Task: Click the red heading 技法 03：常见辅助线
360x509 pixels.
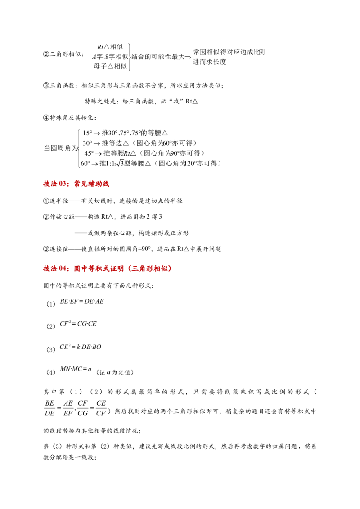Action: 76,184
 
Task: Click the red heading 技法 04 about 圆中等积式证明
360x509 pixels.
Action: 108,268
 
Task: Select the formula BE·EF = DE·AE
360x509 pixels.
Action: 82,301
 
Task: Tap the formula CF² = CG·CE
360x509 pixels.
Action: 78,324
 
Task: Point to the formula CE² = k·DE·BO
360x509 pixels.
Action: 81,347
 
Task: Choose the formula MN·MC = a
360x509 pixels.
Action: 76,369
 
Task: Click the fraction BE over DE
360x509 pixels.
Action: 49,408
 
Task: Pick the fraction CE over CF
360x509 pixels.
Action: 101,408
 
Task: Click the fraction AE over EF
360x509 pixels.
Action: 68,408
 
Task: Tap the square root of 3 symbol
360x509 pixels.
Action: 120,163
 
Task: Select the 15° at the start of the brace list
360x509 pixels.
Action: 87,133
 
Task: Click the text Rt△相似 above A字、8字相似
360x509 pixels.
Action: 110,47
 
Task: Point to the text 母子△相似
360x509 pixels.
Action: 110,66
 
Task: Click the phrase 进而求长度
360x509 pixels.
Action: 209,62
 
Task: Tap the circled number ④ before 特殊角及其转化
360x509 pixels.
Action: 46,117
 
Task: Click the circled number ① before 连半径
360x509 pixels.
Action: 46,201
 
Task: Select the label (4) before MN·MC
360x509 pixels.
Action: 51,372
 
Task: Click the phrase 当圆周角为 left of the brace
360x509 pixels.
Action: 61,148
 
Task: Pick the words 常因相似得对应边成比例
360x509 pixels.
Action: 229,52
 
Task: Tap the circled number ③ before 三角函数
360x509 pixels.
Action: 46,85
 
